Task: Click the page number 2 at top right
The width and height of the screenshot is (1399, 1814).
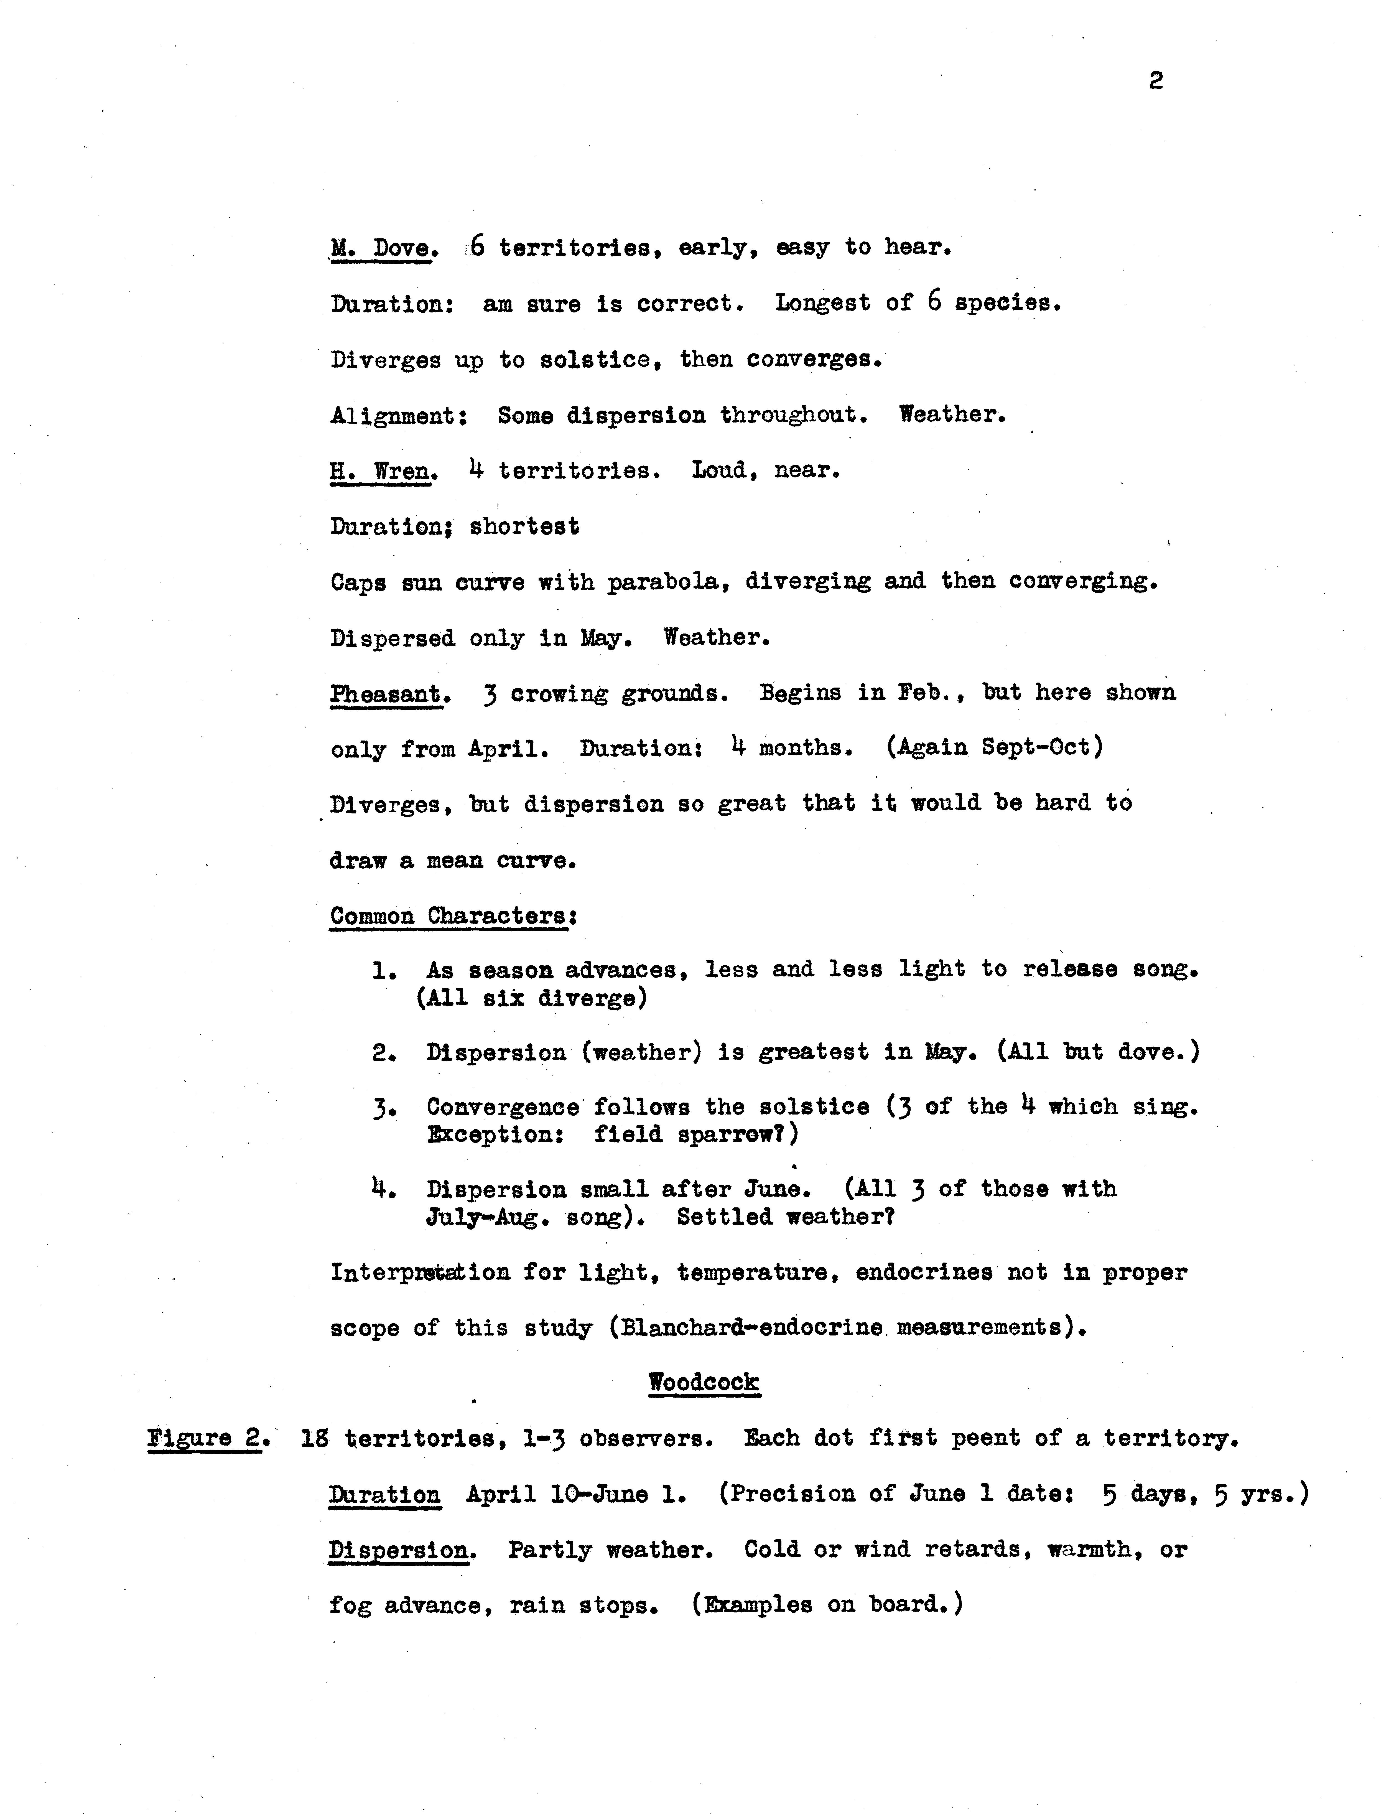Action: [1156, 81]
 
